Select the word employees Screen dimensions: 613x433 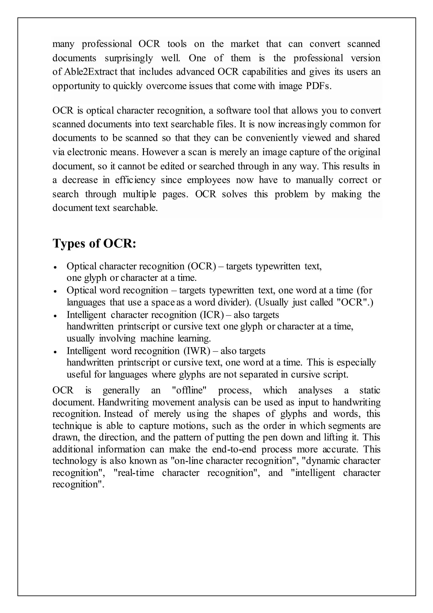point(208,180)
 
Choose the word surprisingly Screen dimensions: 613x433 point(129,58)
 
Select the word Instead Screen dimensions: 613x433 point(118,414)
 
